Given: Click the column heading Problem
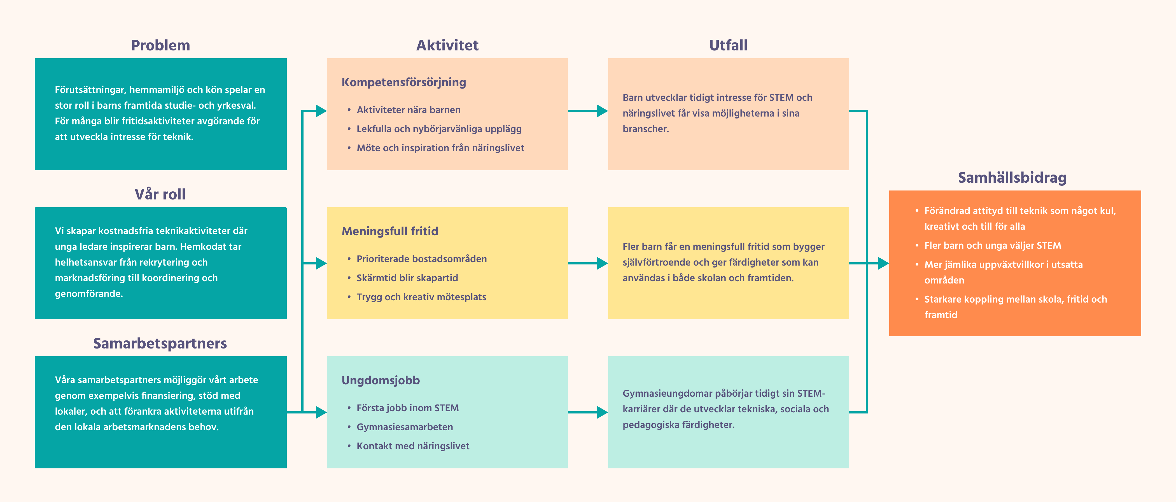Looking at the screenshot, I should tap(160, 45).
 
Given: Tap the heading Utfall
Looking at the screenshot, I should tap(728, 45).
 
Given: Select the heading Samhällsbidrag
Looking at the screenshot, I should tap(1012, 177).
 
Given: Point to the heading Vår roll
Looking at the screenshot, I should tap(160, 194).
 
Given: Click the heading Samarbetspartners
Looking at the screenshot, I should tap(160, 343).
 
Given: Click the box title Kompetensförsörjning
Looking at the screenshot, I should tap(403, 82).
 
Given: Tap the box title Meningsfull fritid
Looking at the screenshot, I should tap(390, 231).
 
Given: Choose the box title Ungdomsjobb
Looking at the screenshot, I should tap(381, 380).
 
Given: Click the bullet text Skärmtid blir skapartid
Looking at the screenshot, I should tap(407, 278).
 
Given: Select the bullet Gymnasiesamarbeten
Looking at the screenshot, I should tap(405, 427).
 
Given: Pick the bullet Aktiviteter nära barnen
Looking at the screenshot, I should tap(409, 110).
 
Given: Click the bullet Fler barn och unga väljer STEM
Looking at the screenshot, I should tap(993, 245).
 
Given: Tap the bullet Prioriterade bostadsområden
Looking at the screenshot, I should tap(421, 259).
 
